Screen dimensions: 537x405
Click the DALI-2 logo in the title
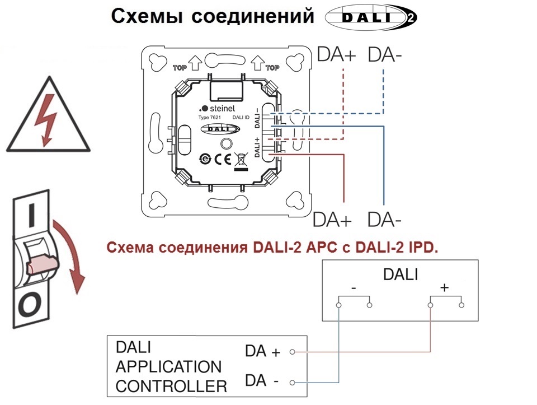pyautogui.click(x=370, y=17)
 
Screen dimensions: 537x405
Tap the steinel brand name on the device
pyautogui.click(x=217, y=109)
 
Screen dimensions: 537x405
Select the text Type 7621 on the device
pyautogui.click(x=210, y=118)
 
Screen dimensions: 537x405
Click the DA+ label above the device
pyautogui.click(x=337, y=54)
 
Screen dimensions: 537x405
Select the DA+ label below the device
pyautogui.click(x=332, y=220)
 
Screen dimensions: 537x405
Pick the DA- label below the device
pyautogui.click(x=384, y=220)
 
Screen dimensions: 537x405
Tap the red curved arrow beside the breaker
pyautogui.click(x=71, y=255)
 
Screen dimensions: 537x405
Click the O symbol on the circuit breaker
pyautogui.click(x=30, y=304)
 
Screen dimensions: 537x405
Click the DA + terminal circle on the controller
pyautogui.click(x=292, y=352)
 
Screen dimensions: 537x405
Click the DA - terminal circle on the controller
pyautogui.click(x=292, y=383)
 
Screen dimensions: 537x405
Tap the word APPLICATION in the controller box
pyautogui.click(x=169, y=367)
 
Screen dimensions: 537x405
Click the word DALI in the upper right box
pyautogui.click(x=401, y=274)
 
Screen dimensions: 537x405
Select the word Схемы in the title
pyautogui.click(x=146, y=16)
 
